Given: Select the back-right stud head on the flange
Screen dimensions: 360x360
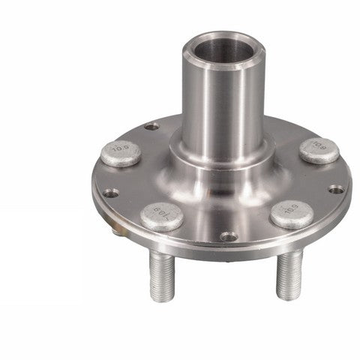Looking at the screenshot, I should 318,150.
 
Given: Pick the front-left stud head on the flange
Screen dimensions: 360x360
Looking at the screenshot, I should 162,216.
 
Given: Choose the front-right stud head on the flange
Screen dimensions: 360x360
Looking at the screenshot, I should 292,214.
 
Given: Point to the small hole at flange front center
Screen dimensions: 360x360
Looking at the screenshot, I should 229,236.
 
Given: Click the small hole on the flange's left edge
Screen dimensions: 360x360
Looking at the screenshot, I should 111,193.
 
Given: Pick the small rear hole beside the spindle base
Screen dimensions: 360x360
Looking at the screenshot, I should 153,127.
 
